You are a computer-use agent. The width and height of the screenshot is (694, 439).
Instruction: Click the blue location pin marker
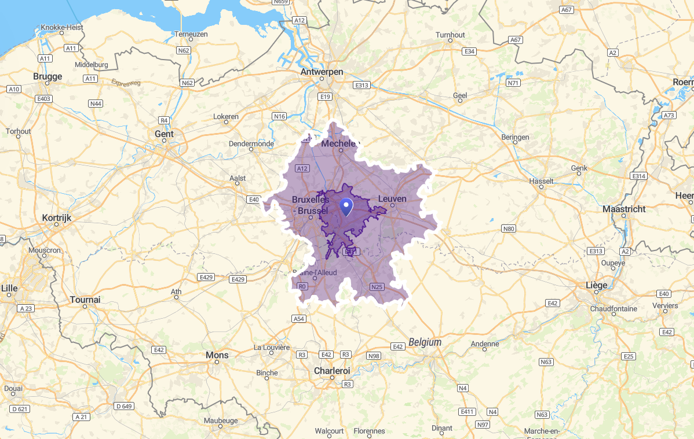pyautogui.click(x=346, y=206)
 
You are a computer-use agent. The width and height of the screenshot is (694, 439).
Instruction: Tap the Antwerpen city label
pyautogui.click(x=322, y=72)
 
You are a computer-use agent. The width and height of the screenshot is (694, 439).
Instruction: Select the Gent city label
pyautogui.click(x=164, y=134)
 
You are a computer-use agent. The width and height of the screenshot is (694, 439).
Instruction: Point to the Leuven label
pyautogui.click(x=392, y=198)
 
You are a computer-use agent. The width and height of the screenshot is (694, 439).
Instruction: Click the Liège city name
pyautogui.click(x=597, y=285)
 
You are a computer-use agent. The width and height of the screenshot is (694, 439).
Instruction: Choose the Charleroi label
pyautogui.click(x=332, y=370)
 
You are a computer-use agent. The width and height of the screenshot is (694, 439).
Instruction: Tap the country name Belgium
pyautogui.click(x=425, y=342)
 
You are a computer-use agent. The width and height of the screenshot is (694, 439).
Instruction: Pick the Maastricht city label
pyautogui.click(x=624, y=209)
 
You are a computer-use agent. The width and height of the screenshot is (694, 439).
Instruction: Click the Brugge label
pyautogui.click(x=48, y=76)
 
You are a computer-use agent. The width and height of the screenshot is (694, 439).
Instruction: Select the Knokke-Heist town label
pyautogui.click(x=62, y=27)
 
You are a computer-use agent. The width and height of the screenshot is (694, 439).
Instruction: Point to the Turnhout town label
pyautogui.click(x=450, y=35)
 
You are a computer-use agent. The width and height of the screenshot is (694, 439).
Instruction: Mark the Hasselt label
pyautogui.click(x=542, y=181)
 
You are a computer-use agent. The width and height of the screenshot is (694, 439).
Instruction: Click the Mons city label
pyautogui.click(x=217, y=355)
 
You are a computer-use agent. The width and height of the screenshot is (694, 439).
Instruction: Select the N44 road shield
pyautogui.click(x=96, y=104)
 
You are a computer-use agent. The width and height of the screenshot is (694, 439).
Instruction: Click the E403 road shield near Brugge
pyautogui.click(x=44, y=99)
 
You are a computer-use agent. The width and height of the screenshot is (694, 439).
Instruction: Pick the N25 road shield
pyautogui.click(x=377, y=286)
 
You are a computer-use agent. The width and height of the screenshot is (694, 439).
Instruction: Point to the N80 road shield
pyautogui.click(x=509, y=228)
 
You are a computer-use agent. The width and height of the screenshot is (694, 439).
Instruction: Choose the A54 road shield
pyautogui.click(x=298, y=319)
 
